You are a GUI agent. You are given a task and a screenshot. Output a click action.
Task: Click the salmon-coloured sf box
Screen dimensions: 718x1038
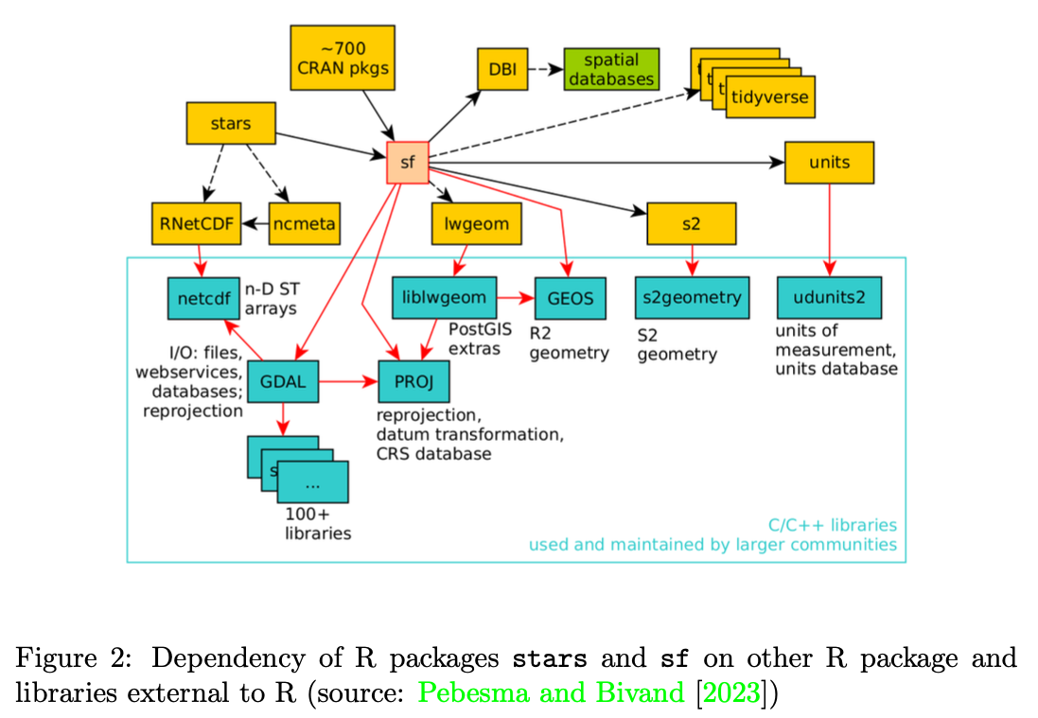[x=408, y=163]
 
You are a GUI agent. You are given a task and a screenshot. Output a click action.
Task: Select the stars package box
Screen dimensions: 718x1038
[x=231, y=124]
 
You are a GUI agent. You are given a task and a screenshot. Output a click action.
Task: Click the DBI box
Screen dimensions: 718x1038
[x=501, y=69]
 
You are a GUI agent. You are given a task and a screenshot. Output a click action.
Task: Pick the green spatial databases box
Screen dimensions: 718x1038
[x=611, y=69]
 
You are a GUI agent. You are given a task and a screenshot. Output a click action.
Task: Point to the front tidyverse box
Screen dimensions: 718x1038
[x=769, y=97]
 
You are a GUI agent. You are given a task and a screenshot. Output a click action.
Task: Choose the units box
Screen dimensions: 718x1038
[x=829, y=163]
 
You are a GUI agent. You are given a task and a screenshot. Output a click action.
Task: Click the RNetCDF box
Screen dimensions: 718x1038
[x=197, y=224]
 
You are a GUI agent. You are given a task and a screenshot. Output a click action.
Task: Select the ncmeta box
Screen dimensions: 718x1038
[x=304, y=224]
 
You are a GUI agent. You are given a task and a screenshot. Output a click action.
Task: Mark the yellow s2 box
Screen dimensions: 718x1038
[x=691, y=224]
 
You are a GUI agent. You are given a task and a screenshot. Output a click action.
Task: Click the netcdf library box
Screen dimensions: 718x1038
[x=203, y=298]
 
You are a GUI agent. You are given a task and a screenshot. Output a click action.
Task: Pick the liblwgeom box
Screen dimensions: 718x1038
[x=444, y=298]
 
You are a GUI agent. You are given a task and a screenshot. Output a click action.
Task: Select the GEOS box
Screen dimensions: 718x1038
[x=570, y=298]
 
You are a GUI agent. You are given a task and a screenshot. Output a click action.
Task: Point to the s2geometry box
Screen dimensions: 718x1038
[x=692, y=298]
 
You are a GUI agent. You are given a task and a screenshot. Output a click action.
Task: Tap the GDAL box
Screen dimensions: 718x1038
[x=283, y=381]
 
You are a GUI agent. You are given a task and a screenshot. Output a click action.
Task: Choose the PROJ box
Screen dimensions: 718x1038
[x=413, y=381]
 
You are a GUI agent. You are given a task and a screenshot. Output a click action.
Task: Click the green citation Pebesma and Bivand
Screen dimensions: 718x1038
[x=550, y=692]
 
